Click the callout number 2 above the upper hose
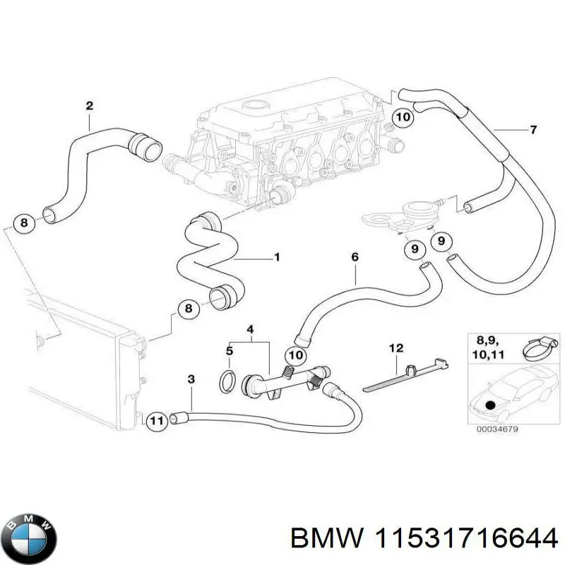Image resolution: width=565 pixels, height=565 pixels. coord(89,106)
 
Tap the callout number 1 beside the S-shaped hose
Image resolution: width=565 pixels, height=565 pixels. coord(276,258)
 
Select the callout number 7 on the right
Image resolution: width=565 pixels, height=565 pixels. coord(533,129)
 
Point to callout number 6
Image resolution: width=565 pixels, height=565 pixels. coord(355,258)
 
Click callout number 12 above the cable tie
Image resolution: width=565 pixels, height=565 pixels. coord(395,347)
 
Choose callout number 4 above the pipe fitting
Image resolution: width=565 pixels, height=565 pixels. coord(249,329)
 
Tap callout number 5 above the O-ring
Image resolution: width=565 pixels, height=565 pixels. coord(229,350)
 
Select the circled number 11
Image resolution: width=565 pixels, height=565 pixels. coord(157,421)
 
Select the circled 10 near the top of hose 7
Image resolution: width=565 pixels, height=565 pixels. coord(403,118)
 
